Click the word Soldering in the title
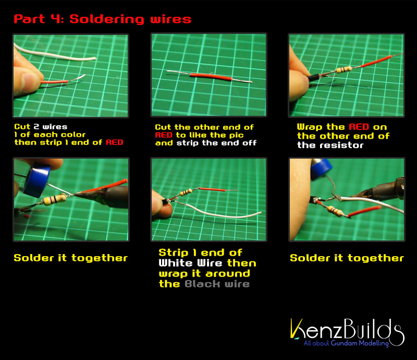coord(107,19)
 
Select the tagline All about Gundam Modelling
coord(346,343)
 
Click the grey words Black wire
coord(217,284)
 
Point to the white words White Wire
coord(190,263)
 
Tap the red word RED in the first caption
coord(114,142)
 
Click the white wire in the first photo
coord(55,53)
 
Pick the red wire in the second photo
coord(211,77)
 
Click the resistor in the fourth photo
coord(54,199)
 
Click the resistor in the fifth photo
coord(186,192)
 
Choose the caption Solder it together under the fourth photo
coord(71,258)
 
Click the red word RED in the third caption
coord(359,127)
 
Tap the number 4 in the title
coord(55,19)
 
